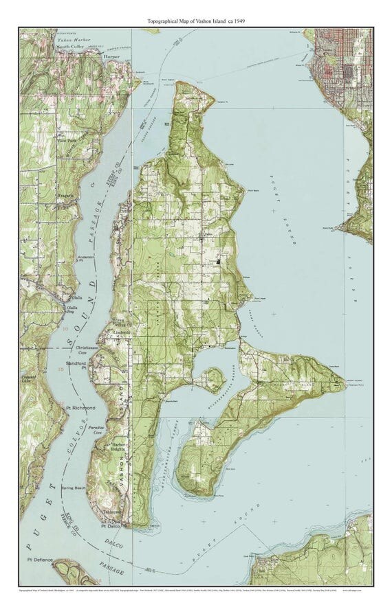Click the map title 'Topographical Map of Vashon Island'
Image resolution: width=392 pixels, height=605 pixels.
[x=196, y=21]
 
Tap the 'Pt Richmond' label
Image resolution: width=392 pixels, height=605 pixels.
[x=78, y=409]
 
